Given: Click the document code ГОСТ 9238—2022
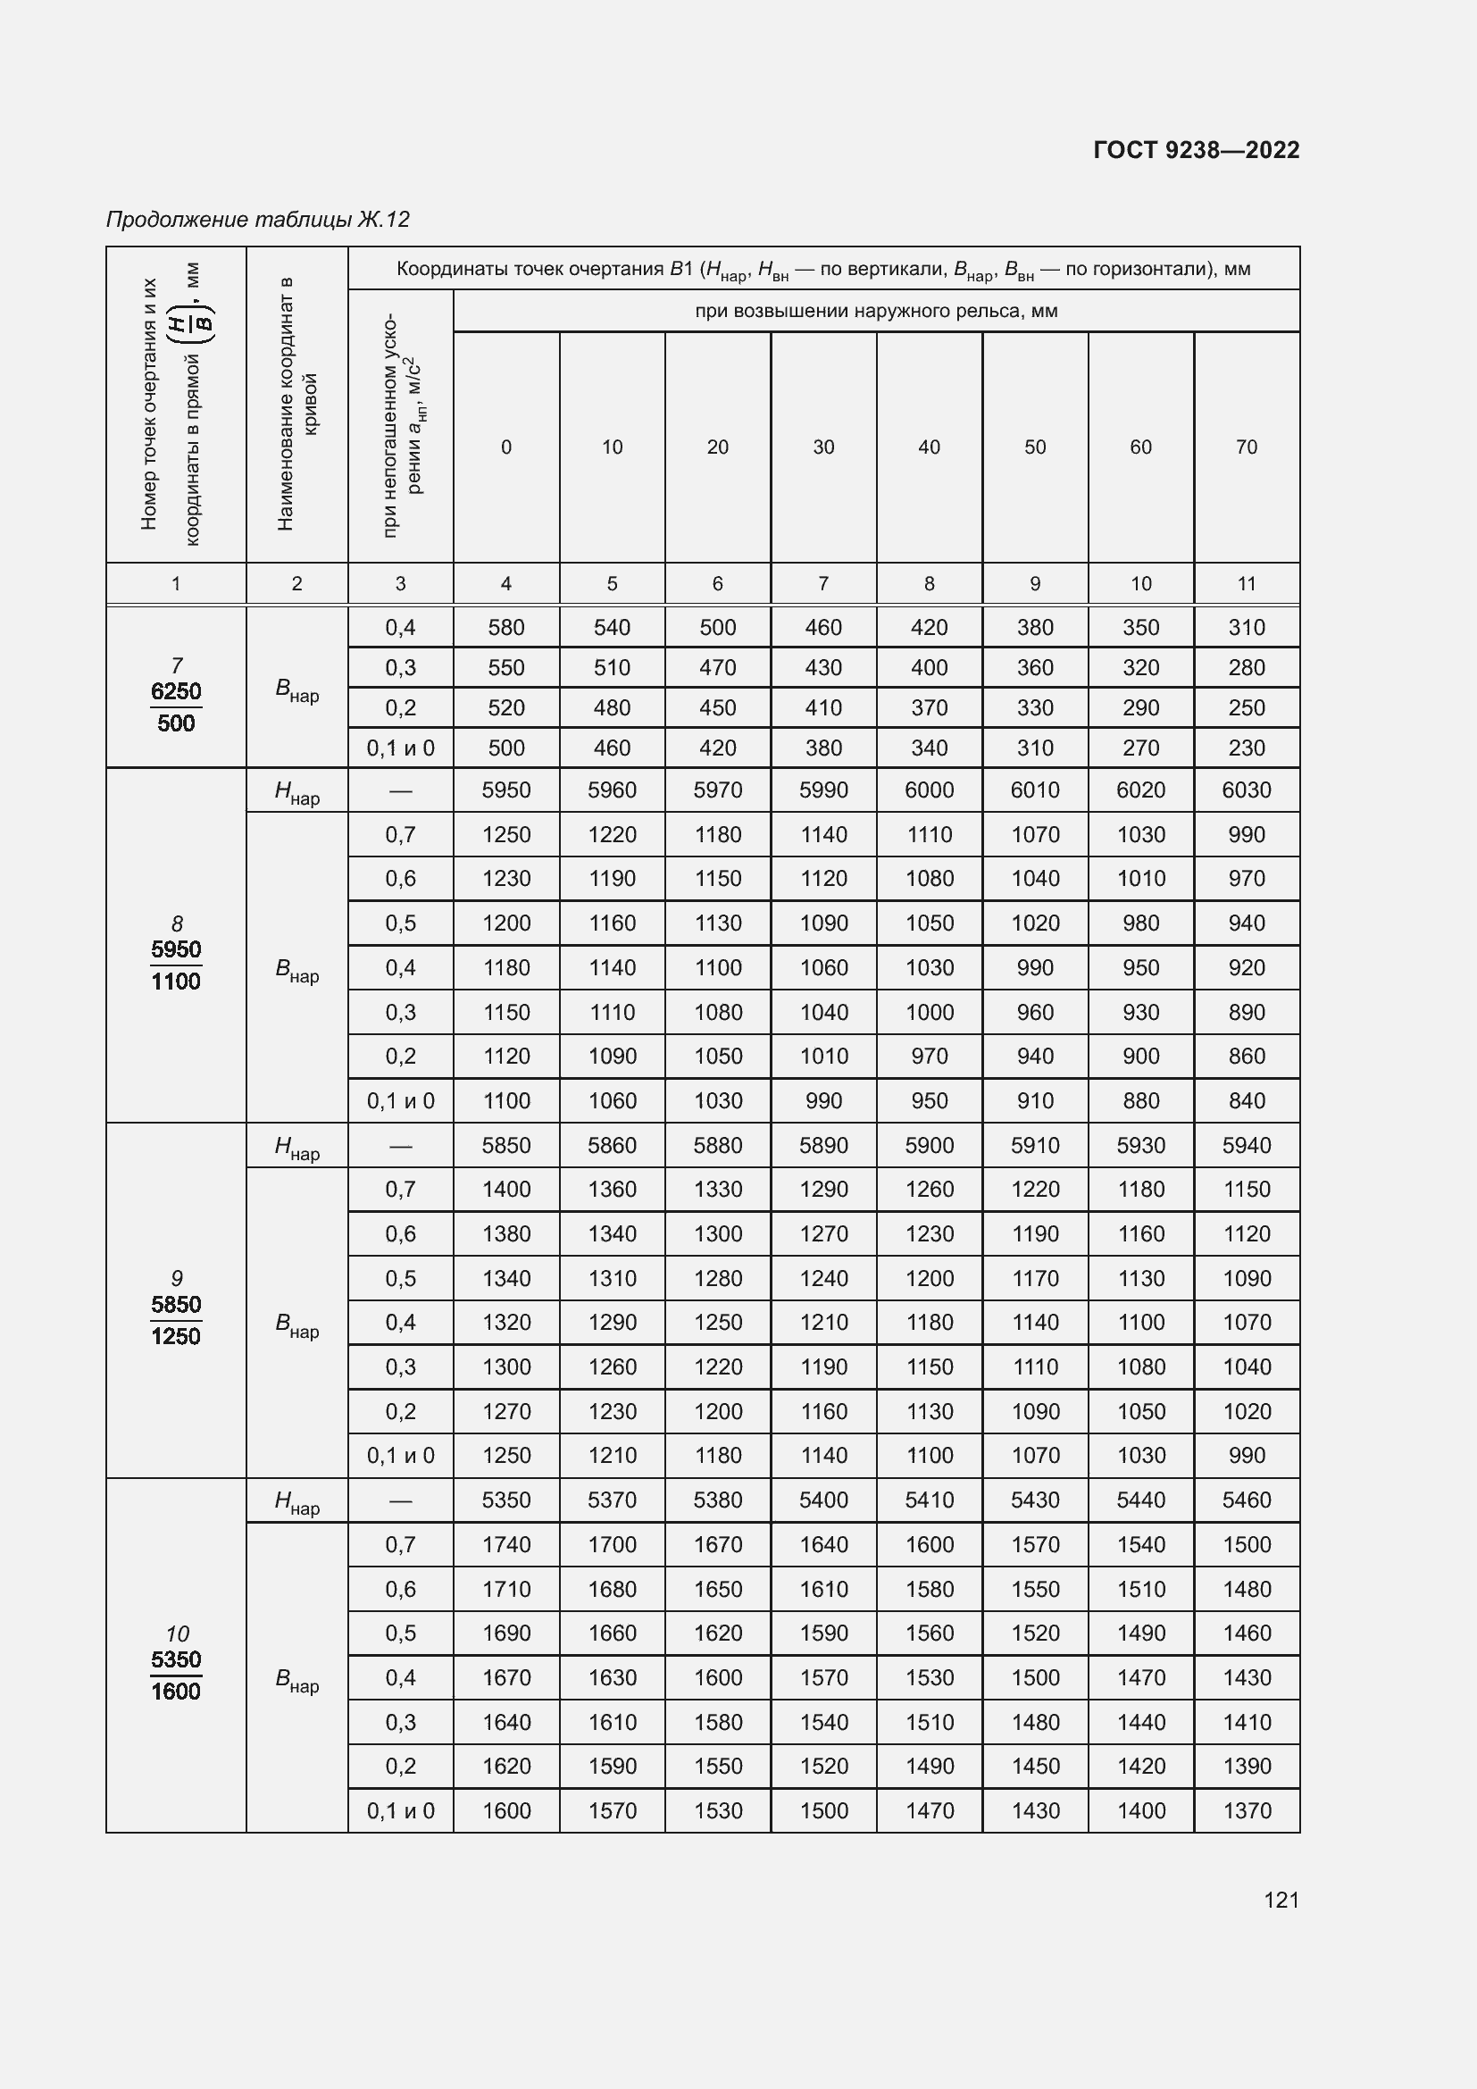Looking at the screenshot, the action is (x=1196, y=150).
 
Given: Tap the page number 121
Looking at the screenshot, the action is (x=1281, y=1900).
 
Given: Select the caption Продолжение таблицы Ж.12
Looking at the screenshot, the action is (x=257, y=220).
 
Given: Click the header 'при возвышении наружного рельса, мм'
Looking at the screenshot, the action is (x=876, y=311).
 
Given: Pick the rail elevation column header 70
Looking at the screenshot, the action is (x=1246, y=447).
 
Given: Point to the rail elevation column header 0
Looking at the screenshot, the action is (x=505, y=447).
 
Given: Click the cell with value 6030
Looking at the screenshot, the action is (x=1246, y=790).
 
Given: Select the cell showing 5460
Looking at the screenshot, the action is (x=1246, y=1500).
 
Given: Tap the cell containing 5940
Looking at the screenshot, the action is (x=1246, y=1145).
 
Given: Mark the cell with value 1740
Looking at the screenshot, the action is (x=505, y=1544).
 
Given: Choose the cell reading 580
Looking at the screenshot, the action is (x=505, y=627).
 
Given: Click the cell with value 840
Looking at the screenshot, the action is (x=1246, y=1100).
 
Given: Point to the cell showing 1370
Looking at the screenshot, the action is (x=1246, y=1810).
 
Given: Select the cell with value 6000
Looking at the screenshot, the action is (x=929, y=790).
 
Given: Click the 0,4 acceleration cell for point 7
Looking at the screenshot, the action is (x=400, y=627).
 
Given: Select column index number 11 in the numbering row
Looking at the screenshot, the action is (x=1246, y=583).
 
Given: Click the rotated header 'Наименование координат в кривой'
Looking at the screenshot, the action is (x=296, y=403).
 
